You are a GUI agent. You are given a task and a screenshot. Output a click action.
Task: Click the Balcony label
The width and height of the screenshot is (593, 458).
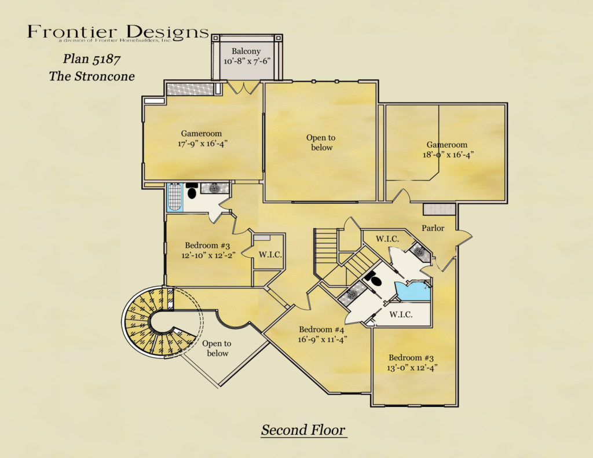(x=246, y=51)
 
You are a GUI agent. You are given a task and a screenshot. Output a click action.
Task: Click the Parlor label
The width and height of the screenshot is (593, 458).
(x=433, y=228)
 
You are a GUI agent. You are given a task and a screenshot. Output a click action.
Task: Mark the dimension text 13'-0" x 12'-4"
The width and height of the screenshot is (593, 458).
(x=413, y=368)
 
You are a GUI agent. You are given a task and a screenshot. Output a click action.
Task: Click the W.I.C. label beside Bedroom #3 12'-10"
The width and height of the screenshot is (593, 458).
(x=270, y=254)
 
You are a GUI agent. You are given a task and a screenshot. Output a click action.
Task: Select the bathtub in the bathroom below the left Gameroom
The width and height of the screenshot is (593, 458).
(x=174, y=198)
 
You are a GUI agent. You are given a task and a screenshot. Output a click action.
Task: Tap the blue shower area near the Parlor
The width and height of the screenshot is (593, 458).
(x=412, y=291)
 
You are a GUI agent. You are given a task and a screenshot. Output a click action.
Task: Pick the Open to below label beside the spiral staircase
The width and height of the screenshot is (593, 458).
(x=216, y=348)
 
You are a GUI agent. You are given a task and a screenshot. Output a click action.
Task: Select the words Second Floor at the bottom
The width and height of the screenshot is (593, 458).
(x=303, y=430)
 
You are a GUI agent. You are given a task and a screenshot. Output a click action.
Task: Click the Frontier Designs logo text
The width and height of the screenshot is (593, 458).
(x=118, y=32)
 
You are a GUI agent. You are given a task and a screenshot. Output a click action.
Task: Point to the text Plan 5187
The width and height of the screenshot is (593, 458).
(x=91, y=58)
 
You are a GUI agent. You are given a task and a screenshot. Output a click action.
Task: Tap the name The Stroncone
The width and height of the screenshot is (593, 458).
(x=91, y=76)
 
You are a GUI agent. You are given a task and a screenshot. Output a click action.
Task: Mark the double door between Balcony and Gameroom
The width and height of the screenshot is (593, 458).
(x=243, y=87)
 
